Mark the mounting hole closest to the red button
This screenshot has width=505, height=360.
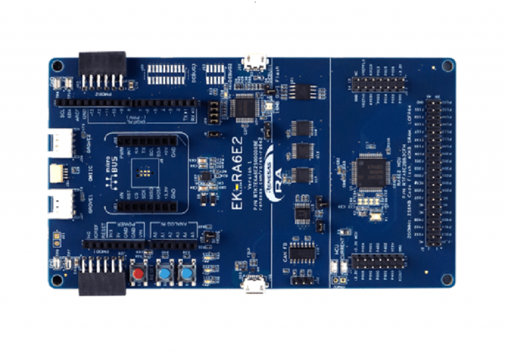pos(58,279)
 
